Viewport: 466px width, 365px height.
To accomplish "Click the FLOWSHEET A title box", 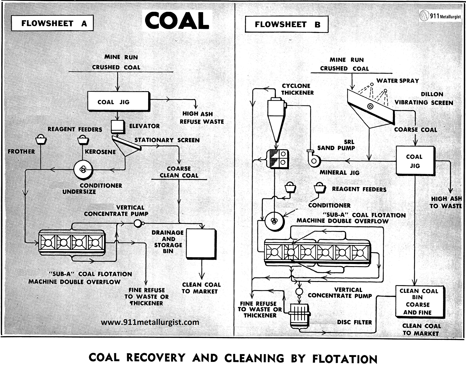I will pyautogui.click(x=52, y=23).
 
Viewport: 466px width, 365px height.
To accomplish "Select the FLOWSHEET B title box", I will pyautogui.click(x=286, y=24).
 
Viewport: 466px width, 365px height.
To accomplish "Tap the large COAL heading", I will pyautogui.click(x=177, y=21).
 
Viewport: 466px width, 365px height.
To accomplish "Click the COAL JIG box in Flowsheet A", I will pyautogui.click(x=118, y=101).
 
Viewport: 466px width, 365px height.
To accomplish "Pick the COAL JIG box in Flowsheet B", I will pyautogui.click(x=415, y=161).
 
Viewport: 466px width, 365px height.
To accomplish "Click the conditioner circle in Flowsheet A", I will pyautogui.click(x=83, y=170).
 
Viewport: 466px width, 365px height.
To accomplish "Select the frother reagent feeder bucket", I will pyautogui.click(x=41, y=140).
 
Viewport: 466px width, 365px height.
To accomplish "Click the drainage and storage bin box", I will pyautogui.click(x=201, y=244).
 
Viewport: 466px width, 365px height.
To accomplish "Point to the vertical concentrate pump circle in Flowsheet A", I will pyautogui.click(x=137, y=223).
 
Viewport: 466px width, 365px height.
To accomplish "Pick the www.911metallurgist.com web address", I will pyautogui.click(x=150, y=322).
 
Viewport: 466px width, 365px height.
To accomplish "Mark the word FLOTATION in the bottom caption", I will pyautogui.click(x=345, y=358).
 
